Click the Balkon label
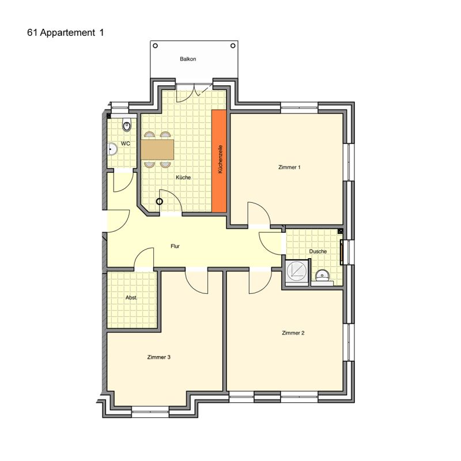(188, 59)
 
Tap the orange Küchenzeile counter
(220, 161)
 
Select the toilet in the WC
(127, 126)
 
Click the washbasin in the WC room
(112, 149)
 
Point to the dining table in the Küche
(157, 150)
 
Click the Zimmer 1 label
(289, 167)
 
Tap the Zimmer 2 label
(293, 333)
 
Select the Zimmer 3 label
(159, 357)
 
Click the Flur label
(175, 247)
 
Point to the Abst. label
(131, 298)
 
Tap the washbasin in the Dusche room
(322, 276)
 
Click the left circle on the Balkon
(155, 46)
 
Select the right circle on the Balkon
(233, 46)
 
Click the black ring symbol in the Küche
(160, 202)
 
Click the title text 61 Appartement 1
(66, 33)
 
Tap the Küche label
(183, 177)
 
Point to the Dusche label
(318, 252)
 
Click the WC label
(126, 143)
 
